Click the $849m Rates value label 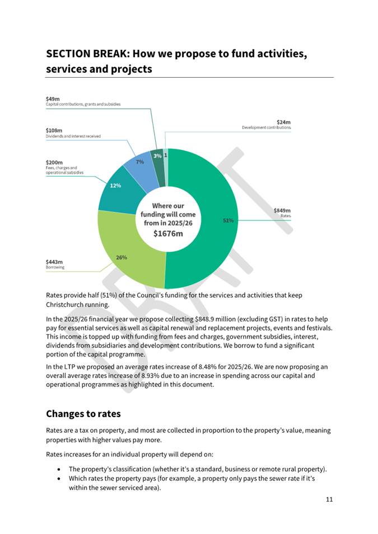tap(282, 210)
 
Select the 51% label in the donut tap(228, 221)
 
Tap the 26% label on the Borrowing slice tap(122, 257)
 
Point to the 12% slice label tap(115, 186)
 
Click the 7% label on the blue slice tap(139, 162)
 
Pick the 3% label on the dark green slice tap(157, 155)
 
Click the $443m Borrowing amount tap(54, 262)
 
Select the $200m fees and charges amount tap(54, 163)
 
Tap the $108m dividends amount tap(54, 130)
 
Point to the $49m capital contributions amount tap(52, 99)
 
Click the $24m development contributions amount tap(284, 122)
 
